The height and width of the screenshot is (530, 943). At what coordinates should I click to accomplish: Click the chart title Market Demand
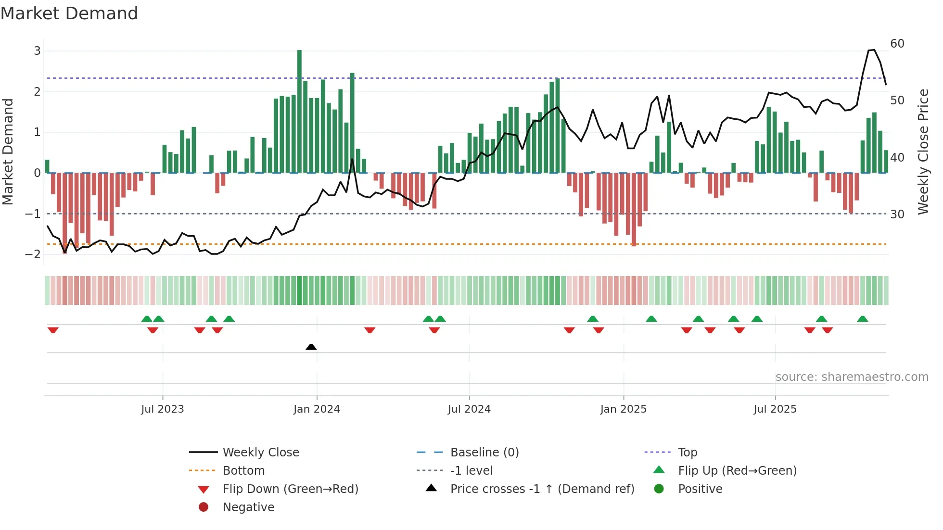69,13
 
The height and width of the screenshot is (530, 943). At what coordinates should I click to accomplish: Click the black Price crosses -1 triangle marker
311,347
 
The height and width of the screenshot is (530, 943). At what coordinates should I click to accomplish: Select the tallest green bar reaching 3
299,111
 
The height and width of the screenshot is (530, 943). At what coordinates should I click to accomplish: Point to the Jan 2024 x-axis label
317,409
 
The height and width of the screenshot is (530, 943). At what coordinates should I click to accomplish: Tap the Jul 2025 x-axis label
775,409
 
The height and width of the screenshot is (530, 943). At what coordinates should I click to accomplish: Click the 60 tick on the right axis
897,44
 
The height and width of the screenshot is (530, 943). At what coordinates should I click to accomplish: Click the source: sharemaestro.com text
852,377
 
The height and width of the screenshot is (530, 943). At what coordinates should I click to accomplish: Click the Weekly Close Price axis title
923,151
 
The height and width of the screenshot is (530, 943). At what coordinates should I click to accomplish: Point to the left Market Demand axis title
8,151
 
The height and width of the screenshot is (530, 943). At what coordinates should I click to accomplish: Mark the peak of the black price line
872,50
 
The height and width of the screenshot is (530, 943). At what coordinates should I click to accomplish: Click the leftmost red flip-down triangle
53,330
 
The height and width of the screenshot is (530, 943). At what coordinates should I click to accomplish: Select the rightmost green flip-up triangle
863,319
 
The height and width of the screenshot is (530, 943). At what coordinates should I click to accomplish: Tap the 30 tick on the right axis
897,214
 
